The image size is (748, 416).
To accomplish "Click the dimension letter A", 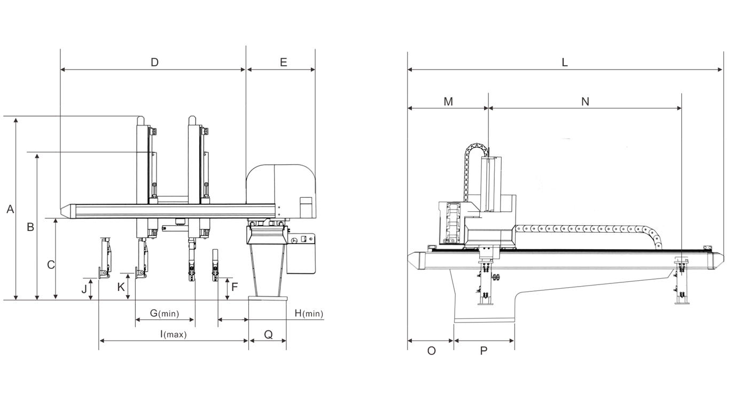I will tap(10, 210).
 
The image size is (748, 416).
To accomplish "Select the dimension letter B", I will tap(30, 227).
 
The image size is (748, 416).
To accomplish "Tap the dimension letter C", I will tap(51, 265).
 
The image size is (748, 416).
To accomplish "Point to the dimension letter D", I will tap(154, 62).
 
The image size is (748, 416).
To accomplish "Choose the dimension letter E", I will tap(283, 62).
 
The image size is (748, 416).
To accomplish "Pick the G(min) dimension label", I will tap(164, 313).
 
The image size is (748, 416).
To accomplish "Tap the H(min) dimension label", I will tap(309, 313).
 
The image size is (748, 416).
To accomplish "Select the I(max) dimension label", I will tap(173, 335).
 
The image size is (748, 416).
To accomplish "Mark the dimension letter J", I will tap(84, 289).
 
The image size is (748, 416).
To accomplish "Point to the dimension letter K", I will tap(121, 287).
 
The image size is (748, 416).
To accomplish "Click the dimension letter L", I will tap(565, 62).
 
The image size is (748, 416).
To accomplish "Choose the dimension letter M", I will tap(448, 102).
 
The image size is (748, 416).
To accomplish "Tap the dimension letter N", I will tap(585, 102).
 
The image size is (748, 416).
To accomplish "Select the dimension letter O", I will tap(432, 351).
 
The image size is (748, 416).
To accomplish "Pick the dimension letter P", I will tap(484, 351).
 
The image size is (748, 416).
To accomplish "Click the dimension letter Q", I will tap(268, 335).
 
